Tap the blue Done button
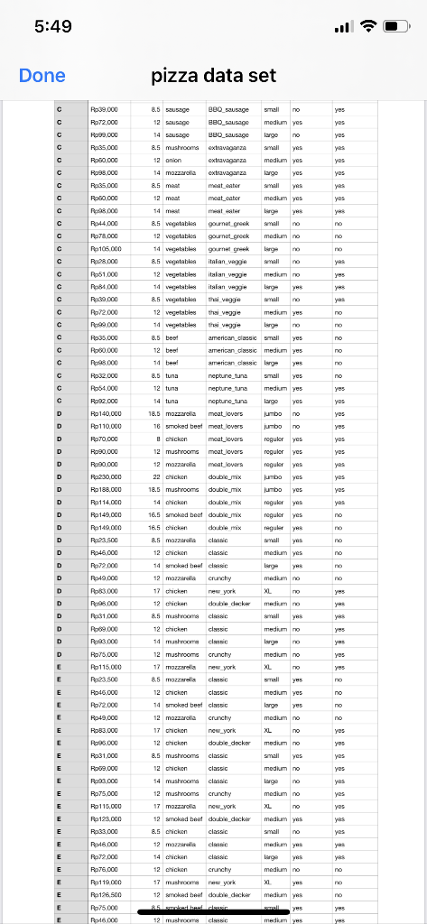[42, 76]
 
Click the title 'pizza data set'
[214, 76]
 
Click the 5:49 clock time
[52, 26]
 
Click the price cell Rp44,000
[105, 222]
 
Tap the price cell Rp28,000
[105, 260]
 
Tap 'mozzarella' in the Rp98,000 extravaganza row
[179, 171]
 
